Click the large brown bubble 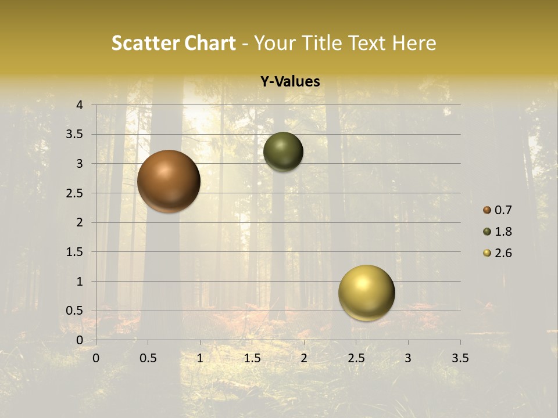tap(169, 181)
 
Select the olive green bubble tap(283, 152)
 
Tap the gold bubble tap(366, 293)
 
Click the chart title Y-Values tap(290, 82)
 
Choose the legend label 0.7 tap(503, 210)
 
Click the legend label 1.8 tap(503, 232)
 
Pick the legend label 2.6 tap(503, 253)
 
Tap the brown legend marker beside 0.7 tap(487, 210)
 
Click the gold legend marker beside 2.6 tap(487, 253)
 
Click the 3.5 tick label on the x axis tap(460, 358)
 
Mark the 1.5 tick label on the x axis tap(252, 358)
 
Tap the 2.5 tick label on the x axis tap(356, 358)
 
